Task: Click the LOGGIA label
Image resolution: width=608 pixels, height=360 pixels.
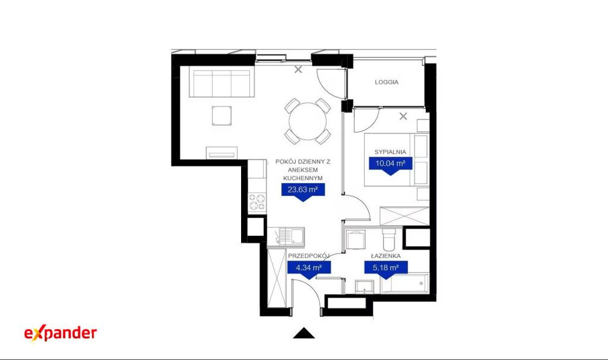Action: pos(387,82)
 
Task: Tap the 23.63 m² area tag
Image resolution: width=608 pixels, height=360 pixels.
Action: pos(303,192)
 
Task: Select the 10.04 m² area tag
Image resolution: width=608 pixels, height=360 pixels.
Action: pos(390,166)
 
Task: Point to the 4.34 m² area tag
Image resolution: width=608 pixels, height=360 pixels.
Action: pos(309,270)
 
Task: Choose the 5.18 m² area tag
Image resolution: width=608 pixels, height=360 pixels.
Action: pos(386,270)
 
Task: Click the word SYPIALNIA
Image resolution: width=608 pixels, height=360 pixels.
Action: pos(390,152)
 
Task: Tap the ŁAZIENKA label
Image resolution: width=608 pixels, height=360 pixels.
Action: pos(386,256)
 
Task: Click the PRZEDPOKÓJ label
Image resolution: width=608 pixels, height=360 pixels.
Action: pos(309,256)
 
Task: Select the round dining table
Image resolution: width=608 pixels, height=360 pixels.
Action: pos(308,121)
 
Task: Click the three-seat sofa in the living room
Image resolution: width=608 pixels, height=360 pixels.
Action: pos(221,83)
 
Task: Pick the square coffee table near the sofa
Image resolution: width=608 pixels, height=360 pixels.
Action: pos(222,116)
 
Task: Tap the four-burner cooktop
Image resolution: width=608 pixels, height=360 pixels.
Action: pos(257,202)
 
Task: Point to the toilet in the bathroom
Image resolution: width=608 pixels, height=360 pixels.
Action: pos(388,239)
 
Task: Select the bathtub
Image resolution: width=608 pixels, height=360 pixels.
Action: pos(404,283)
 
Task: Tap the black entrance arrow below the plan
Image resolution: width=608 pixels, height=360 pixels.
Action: pos(303,333)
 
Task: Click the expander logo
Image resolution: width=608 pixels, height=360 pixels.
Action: pos(61,333)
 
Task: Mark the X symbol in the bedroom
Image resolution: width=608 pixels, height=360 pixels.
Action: pos(403,116)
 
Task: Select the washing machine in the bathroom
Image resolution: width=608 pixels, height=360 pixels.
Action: pos(356,240)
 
